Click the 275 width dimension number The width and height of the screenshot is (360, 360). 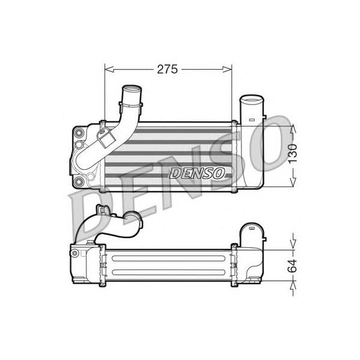coord(167,69)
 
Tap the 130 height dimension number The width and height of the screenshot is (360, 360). coord(293,154)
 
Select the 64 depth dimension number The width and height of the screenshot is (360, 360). coord(293,266)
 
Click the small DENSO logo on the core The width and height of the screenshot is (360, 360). coord(197,173)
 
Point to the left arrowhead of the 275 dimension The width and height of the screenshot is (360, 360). coord(109,69)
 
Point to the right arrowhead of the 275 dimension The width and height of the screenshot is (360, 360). coord(227,69)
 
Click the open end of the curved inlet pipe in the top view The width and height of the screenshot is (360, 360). coord(132,89)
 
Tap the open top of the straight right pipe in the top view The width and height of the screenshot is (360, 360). coord(252,100)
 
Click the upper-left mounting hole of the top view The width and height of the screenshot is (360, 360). coord(79,133)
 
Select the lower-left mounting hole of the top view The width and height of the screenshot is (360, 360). coord(79,181)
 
